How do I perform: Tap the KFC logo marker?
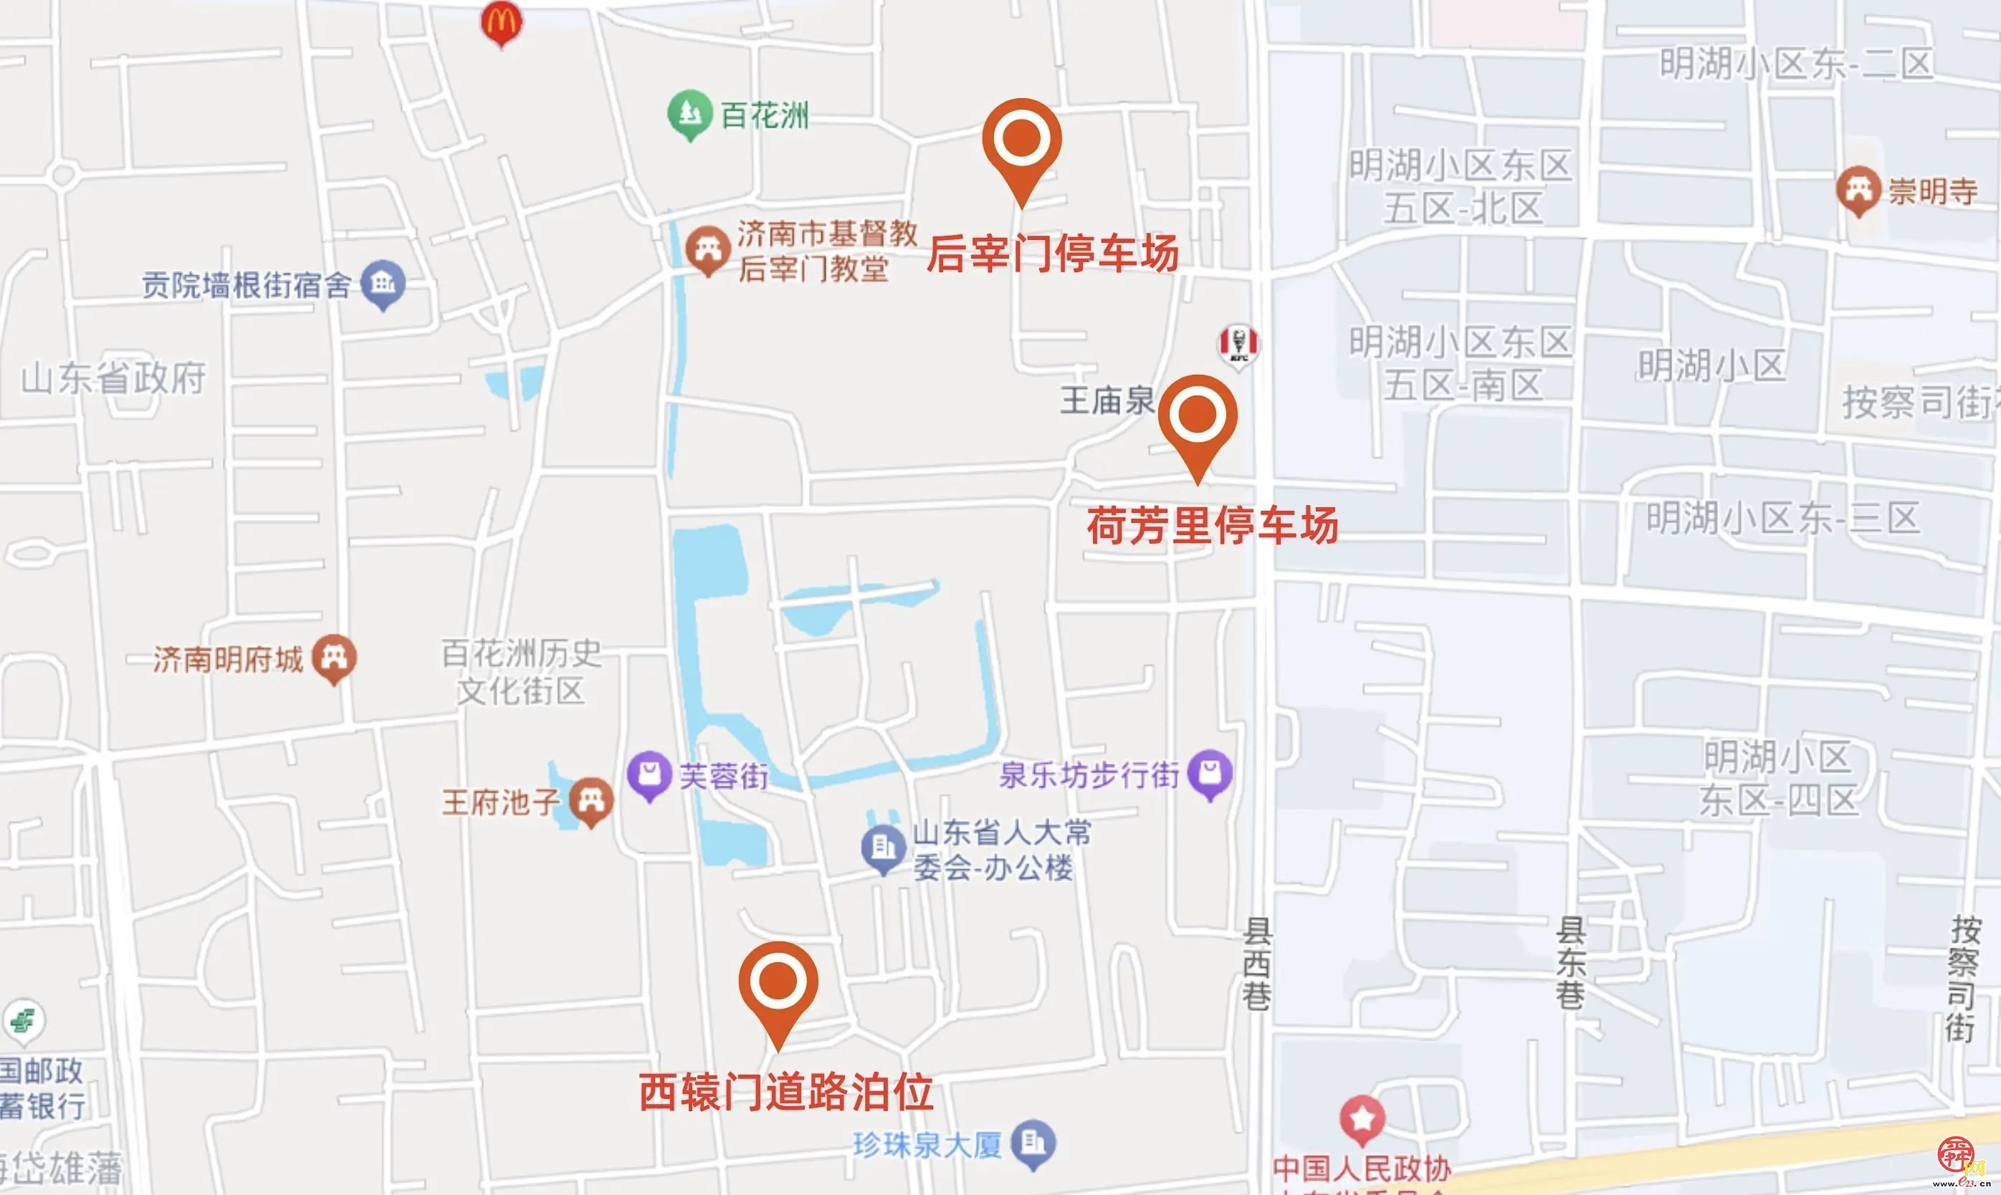[x=1238, y=345]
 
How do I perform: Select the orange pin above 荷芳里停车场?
[x=1198, y=416]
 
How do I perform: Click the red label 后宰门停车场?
[x=1052, y=254]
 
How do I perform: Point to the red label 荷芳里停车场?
[x=1213, y=525]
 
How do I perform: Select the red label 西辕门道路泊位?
[x=786, y=1093]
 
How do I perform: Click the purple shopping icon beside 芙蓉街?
[x=649, y=774]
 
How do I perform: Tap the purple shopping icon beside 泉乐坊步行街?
[x=1210, y=774]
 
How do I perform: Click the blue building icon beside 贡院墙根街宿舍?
[x=383, y=284]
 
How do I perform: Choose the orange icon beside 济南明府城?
[x=334, y=658]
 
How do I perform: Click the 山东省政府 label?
[x=113, y=378]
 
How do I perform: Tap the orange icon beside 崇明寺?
[x=1858, y=190]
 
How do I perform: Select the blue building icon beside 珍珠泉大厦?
[x=1033, y=1143]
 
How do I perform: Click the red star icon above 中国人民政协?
[x=1362, y=1119]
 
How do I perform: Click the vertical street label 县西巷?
[x=1256, y=964]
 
